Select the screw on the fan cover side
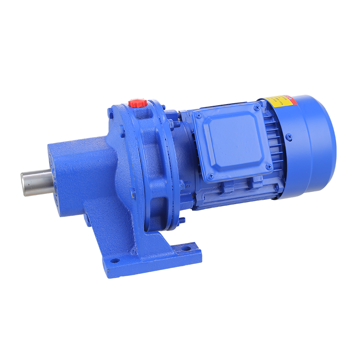(289, 136)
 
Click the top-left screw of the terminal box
(197, 116)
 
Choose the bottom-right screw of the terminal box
(268, 166)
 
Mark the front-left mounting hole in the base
(114, 260)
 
